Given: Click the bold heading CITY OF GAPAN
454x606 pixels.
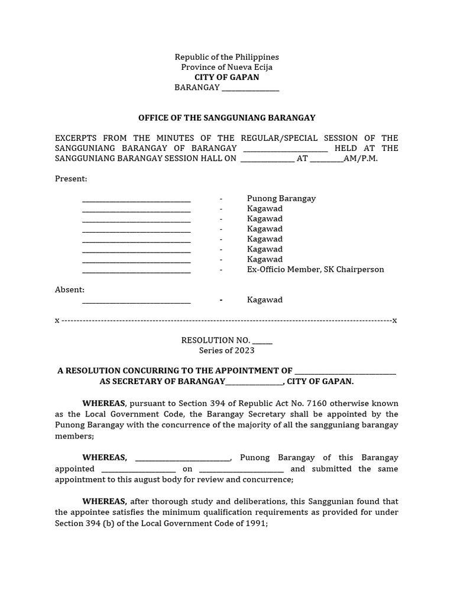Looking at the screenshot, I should [226, 78].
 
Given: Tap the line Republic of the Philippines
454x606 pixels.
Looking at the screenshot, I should [226, 57].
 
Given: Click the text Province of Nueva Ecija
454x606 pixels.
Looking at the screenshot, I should [226, 67].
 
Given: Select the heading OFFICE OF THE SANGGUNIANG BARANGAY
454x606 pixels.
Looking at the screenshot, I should [226, 118].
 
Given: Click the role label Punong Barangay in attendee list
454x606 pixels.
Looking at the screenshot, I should [281, 199].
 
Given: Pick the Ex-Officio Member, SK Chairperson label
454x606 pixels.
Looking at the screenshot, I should [315, 269].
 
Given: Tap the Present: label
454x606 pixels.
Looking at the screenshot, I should [71, 179].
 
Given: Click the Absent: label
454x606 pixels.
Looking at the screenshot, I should [70, 289].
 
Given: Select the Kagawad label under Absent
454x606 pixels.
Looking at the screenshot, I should [264, 300].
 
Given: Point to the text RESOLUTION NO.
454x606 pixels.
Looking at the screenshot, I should [216, 340].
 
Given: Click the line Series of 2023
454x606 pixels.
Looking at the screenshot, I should [226, 350].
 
